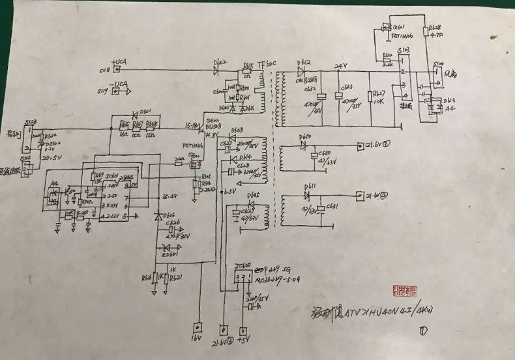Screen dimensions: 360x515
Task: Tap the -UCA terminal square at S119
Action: (117, 92)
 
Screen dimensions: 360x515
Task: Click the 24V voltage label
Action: (341, 66)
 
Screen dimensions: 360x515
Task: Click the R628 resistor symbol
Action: (426, 35)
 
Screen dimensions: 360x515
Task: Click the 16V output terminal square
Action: (196, 329)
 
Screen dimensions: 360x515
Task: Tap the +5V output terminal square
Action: (244, 331)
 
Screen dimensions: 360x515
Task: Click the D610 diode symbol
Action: (303, 145)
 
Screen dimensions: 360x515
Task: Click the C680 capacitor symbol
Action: (315, 155)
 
